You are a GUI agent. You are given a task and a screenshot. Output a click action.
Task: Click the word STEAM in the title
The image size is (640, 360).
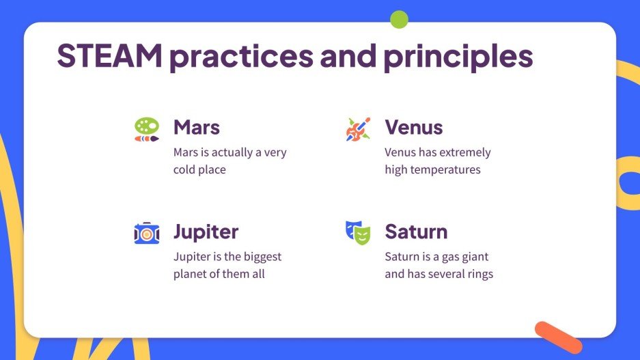(109, 55)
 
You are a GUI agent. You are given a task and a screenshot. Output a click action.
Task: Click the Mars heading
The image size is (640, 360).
(196, 127)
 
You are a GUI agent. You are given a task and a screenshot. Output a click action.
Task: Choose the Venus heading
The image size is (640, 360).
(413, 127)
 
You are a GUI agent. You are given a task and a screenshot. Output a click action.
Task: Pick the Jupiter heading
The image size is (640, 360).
(206, 232)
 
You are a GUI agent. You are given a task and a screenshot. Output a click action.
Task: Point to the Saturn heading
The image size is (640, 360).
(416, 232)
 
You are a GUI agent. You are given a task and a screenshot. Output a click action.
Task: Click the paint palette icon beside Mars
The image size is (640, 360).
(147, 129)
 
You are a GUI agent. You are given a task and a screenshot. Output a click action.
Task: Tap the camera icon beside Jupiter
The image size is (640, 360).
(147, 233)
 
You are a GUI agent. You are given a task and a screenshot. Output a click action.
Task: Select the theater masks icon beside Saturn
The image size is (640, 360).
(358, 233)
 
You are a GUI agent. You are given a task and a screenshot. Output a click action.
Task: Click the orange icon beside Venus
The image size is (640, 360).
(358, 129)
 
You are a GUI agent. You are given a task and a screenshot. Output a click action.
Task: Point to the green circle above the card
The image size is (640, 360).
(399, 19)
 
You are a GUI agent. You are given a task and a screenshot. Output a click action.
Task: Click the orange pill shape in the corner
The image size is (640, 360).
(558, 337)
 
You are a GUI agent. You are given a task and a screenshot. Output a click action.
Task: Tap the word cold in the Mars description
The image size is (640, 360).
(185, 169)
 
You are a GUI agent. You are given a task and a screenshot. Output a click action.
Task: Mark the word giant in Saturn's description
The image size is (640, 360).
(475, 257)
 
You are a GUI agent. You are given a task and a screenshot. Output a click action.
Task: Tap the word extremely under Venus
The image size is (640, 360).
(465, 152)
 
